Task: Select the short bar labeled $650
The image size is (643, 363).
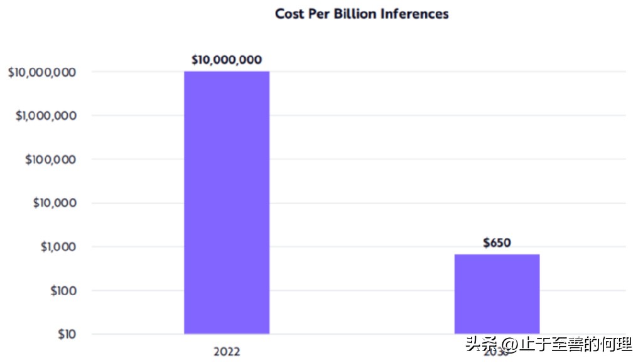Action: coord(497,293)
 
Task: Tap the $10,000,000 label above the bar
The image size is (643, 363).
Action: coord(227,60)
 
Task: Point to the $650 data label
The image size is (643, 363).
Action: coord(497,243)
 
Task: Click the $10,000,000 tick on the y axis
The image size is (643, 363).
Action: coord(42,72)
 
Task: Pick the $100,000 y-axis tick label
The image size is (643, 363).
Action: coord(50,160)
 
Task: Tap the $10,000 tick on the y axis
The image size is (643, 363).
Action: coord(54,203)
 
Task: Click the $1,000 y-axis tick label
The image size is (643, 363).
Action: coord(58,247)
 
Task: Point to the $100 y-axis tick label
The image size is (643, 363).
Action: coord(62,291)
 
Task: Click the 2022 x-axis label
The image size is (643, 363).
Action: coord(227,351)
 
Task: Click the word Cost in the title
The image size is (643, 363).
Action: coord(289,13)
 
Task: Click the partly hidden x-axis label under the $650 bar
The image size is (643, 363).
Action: coord(495,352)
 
